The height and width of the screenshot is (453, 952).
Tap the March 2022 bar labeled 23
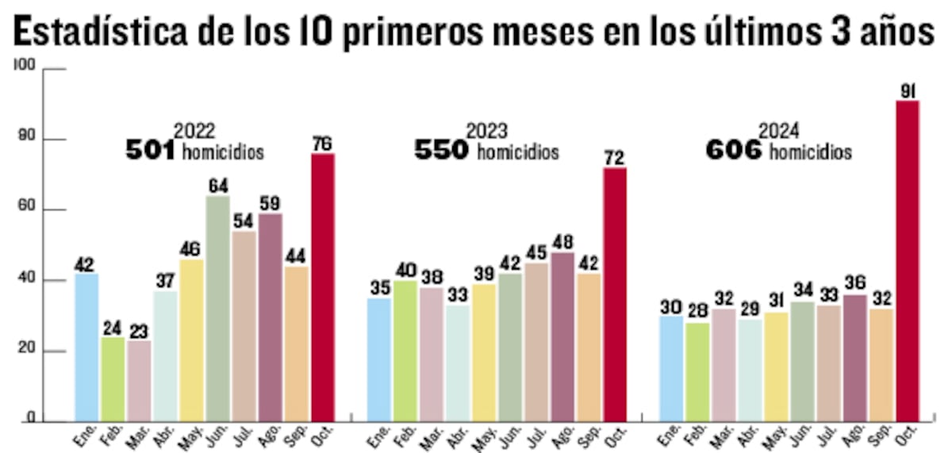tap(139, 381)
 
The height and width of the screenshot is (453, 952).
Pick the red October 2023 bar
tap(615, 294)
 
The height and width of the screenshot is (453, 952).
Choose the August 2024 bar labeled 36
tap(854, 358)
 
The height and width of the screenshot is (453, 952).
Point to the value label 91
tap(908, 91)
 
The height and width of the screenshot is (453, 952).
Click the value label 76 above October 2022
tap(322, 144)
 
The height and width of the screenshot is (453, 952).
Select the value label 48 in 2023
tap(562, 242)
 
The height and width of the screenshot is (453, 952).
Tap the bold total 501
tap(150, 150)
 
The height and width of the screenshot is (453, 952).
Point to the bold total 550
tap(442, 150)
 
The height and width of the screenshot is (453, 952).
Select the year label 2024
tap(779, 130)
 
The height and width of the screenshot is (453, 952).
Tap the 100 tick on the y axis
tap(25, 68)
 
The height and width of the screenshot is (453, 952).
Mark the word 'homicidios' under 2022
tap(222, 152)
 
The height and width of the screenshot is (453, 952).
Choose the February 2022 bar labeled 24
tap(112, 379)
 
